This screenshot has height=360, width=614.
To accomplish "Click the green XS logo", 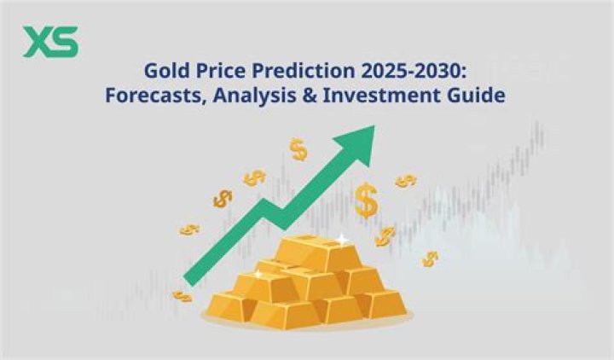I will point(50,42).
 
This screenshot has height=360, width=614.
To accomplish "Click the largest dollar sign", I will point(368,201).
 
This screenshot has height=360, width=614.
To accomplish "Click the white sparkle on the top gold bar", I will point(340,240).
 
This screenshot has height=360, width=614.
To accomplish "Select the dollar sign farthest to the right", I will point(432,258).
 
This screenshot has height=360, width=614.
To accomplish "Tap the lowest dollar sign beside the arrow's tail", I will point(182,295).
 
